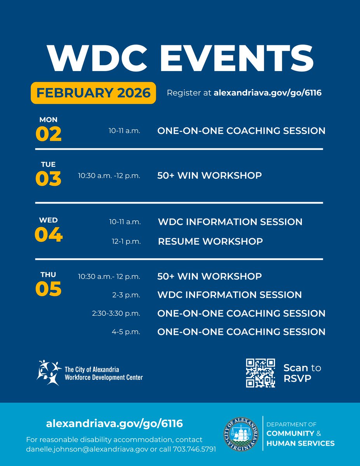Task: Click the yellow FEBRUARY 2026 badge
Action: pos(93,93)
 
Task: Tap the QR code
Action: pos(261,373)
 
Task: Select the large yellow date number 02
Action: pos(49,134)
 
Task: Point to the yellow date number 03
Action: pos(49,179)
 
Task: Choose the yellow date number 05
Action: pos(49,289)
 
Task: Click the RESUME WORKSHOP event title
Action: pos(210,241)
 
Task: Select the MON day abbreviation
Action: pos(48,120)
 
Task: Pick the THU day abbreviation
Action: pos(48,275)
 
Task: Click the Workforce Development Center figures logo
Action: pos(49,372)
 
